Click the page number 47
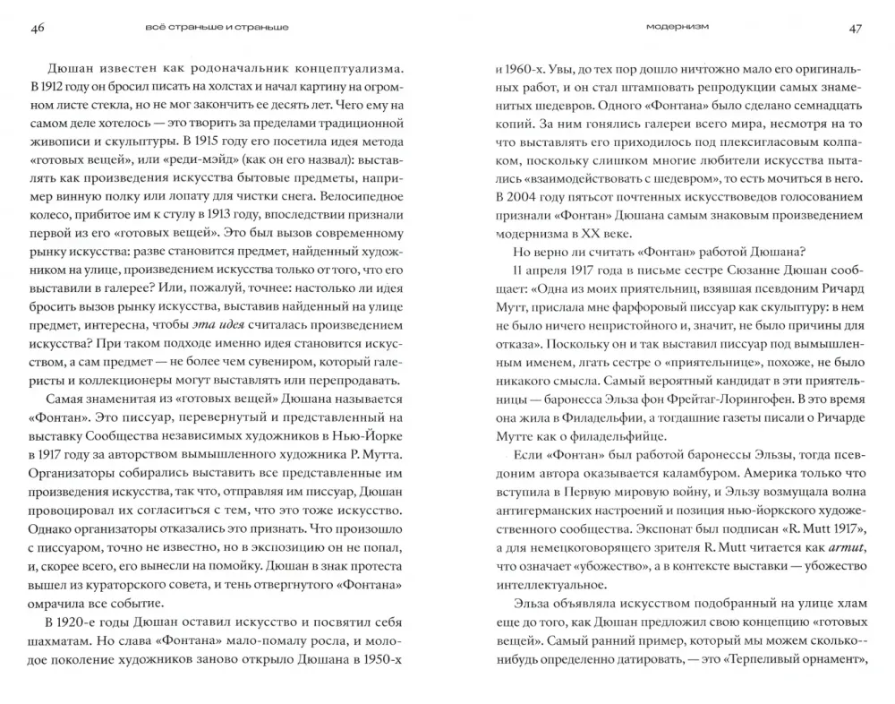(856, 29)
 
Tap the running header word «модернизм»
(678, 27)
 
